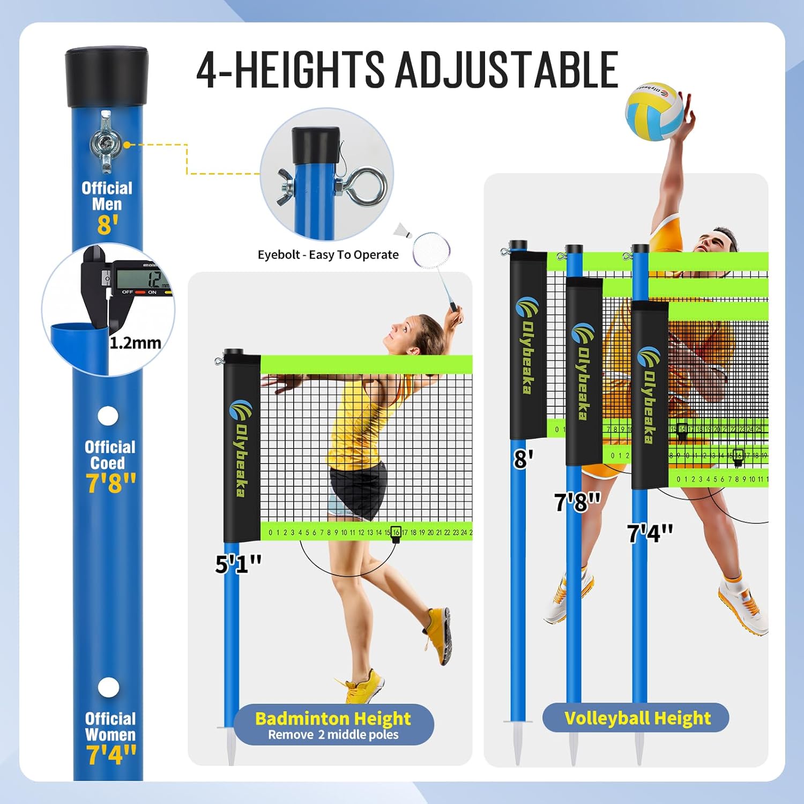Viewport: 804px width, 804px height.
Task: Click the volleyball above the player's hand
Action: click(654, 112)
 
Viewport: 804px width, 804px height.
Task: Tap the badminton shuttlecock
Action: click(402, 230)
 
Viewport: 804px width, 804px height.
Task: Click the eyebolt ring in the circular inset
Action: click(366, 187)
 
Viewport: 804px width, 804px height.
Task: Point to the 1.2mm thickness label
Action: click(135, 343)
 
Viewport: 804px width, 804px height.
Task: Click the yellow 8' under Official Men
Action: click(107, 225)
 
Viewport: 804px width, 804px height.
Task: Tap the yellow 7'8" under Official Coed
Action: click(110, 482)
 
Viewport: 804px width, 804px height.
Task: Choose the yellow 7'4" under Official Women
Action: click(111, 754)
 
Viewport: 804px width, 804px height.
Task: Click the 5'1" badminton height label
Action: click(238, 564)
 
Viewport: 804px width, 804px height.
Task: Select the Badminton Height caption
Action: click(333, 718)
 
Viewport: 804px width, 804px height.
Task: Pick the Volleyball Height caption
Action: click(637, 718)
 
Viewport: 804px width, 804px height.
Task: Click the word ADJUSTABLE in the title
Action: click(507, 70)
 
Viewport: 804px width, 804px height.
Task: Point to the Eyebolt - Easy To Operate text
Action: click(328, 255)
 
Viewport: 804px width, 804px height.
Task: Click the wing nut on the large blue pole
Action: click(106, 143)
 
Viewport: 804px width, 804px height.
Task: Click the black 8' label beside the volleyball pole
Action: click(523, 459)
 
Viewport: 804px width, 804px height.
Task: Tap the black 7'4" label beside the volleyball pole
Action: click(650, 533)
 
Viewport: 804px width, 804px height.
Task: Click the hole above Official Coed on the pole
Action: click(108, 416)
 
